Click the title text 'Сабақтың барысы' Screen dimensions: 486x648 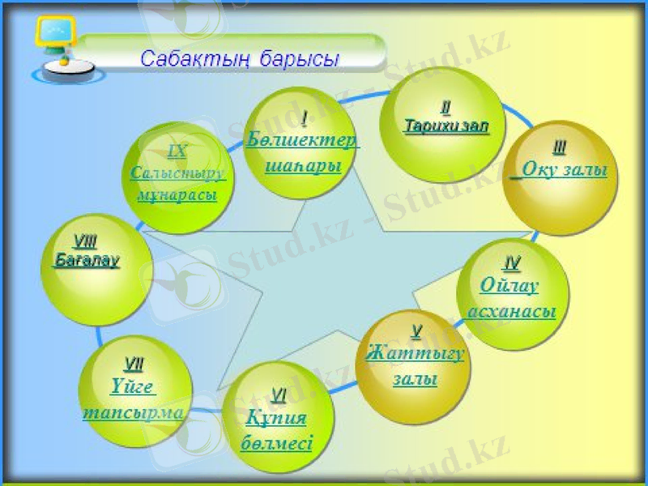pyautogui.click(x=239, y=58)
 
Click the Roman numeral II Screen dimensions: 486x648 pyautogui.click(x=445, y=107)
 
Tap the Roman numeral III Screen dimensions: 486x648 pyautogui.click(x=559, y=147)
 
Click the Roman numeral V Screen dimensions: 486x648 pyautogui.click(x=416, y=330)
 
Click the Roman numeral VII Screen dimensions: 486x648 pyautogui.click(x=134, y=364)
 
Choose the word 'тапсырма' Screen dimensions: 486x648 pyautogui.click(x=133, y=411)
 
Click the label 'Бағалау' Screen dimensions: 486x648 pyautogui.click(x=87, y=260)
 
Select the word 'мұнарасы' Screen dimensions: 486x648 pyautogui.click(x=177, y=196)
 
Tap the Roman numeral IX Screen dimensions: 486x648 pyautogui.click(x=177, y=151)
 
